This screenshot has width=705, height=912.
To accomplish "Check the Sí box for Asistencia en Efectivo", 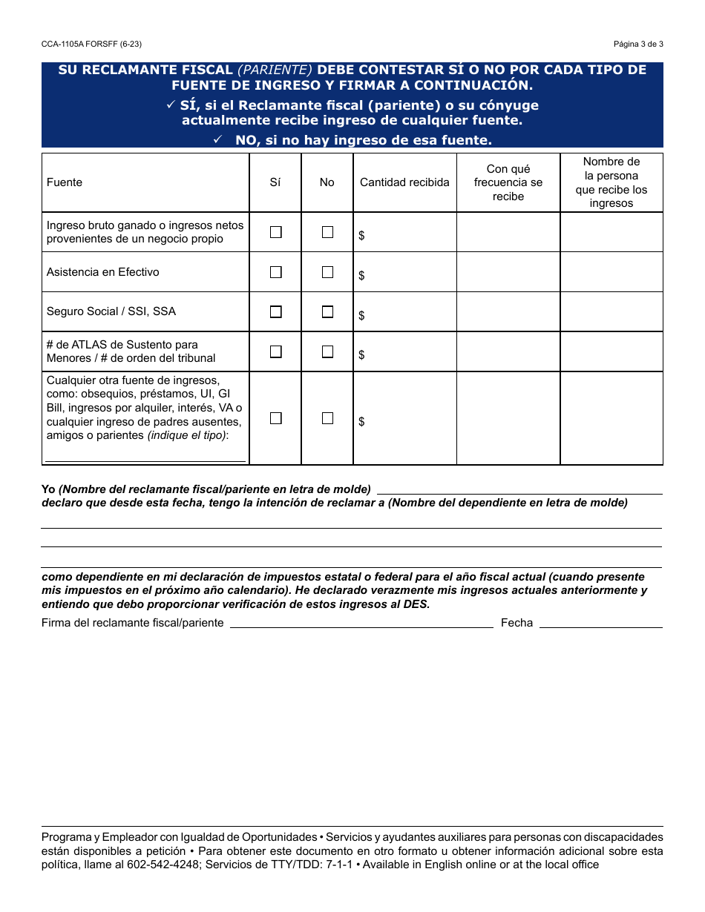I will click(x=276, y=272).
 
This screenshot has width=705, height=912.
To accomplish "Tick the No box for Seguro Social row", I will click(x=327, y=312).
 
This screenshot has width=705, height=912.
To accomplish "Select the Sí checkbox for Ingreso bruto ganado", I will click(x=276, y=232).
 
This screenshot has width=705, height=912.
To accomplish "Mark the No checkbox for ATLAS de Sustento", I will click(x=327, y=351).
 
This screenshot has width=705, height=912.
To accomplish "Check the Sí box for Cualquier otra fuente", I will click(x=276, y=418).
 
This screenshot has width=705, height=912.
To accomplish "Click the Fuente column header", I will click(x=65, y=182).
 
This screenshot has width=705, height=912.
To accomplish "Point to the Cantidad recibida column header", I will click(x=404, y=182).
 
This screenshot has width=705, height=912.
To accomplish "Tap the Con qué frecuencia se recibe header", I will click(x=508, y=182).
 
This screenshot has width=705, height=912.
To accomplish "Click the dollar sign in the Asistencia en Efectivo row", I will click(x=361, y=276).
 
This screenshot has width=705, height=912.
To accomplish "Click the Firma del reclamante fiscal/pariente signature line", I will click(x=361, y=624).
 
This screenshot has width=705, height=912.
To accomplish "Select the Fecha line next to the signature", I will click(x=600, y=624).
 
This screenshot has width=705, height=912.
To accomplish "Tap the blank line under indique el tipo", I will click(x=145, y=458).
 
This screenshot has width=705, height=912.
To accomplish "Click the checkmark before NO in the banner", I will click(x=218, y=139).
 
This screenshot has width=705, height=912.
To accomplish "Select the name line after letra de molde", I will click(x=519, y=490).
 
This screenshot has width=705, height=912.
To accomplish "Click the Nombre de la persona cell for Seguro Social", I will click(x=611, y=311).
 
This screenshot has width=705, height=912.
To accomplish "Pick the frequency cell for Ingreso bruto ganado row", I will click(x=508, y=232).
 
